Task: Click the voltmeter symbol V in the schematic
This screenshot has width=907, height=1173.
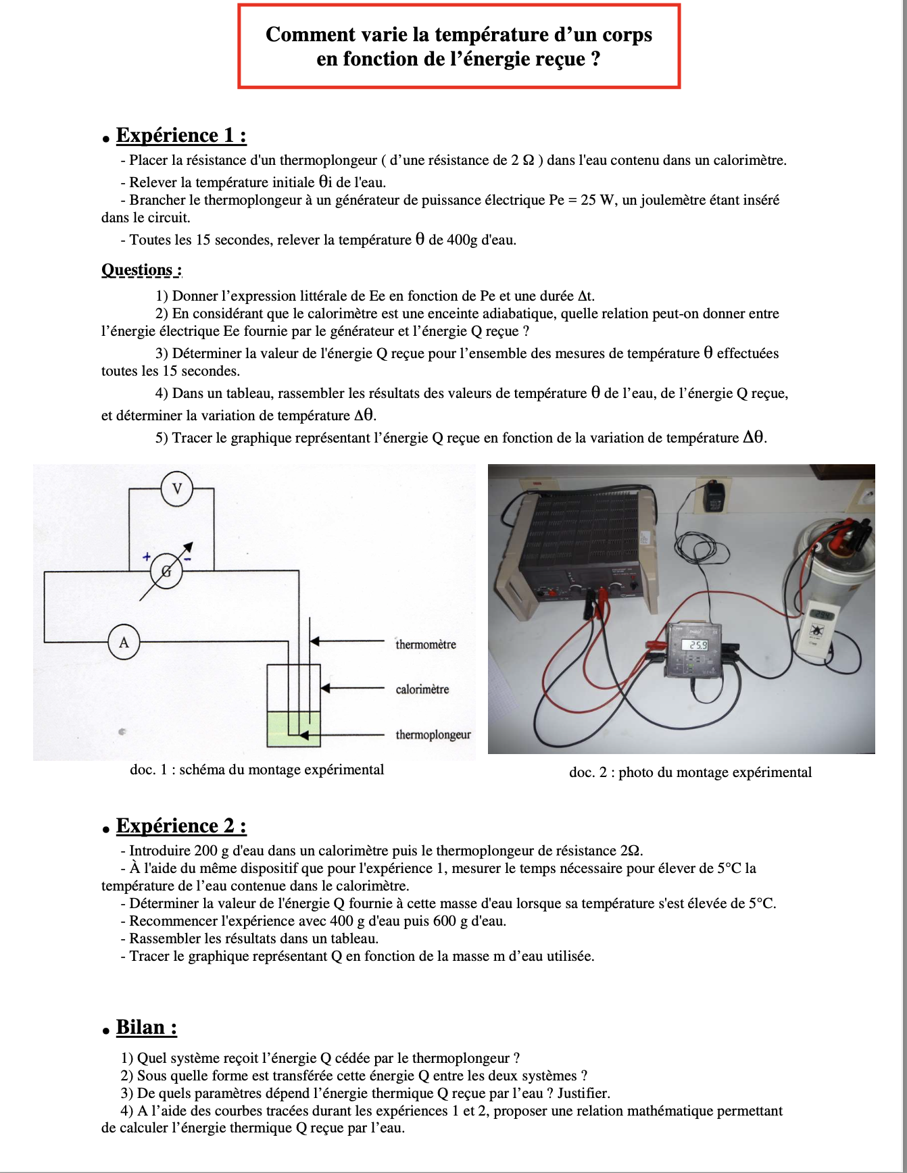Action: coord(177,489)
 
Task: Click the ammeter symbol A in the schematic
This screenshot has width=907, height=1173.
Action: coord(124,642)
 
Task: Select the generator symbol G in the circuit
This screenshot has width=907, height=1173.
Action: coord(166,572)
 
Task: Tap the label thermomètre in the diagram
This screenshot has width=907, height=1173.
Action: coord(425,645)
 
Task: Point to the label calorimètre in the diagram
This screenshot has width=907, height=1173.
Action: coord(422,689)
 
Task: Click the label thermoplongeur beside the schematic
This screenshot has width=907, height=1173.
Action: coord(433,734)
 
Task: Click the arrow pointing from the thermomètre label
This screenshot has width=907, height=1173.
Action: coord(348,641)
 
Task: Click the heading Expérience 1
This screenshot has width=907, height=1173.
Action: coord(180,135)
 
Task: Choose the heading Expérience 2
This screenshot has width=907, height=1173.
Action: coord(180,826)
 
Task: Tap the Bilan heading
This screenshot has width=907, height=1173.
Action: coord(146,1027)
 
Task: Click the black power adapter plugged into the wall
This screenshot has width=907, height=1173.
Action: coord(714,497)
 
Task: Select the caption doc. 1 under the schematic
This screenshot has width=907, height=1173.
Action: coord(257,770)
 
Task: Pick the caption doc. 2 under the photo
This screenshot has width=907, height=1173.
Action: coord(690,772)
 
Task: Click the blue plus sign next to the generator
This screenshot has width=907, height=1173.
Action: coord(147,557)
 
